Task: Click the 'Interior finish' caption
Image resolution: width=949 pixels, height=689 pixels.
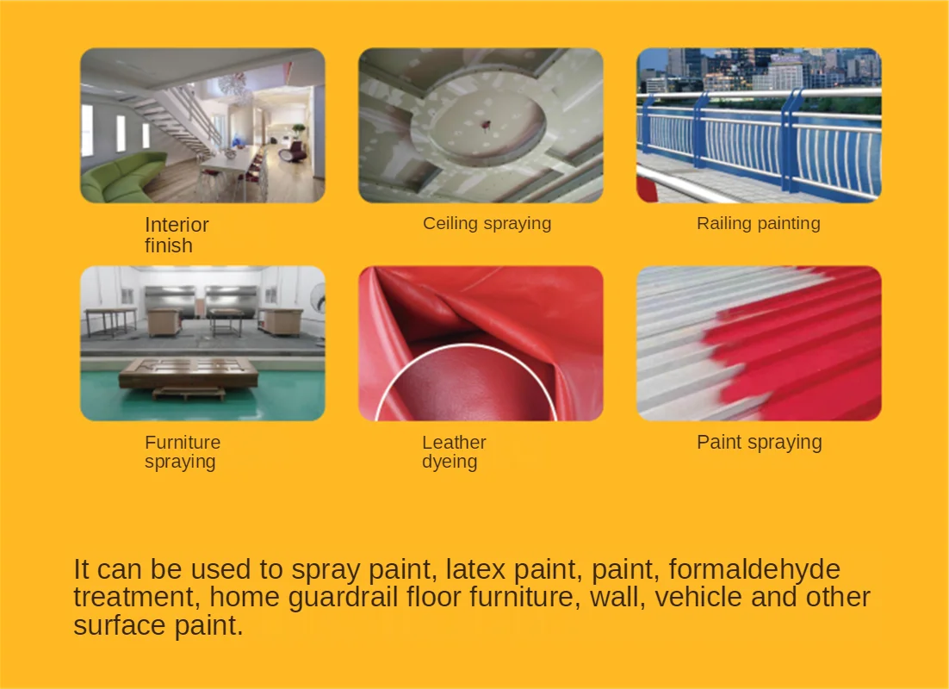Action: (177, 235)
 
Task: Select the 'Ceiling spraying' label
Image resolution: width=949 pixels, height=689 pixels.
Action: (487, 223)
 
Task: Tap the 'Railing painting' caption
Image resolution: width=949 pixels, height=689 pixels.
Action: (759, 223)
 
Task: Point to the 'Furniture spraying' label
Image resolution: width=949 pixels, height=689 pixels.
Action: (183, 451)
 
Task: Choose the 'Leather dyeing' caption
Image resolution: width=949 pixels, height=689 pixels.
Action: (454, 451)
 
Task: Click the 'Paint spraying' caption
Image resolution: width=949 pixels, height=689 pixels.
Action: (759, 442)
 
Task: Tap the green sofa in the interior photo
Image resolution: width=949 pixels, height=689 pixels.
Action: (121, 177)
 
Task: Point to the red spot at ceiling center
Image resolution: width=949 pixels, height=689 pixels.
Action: (486, 126)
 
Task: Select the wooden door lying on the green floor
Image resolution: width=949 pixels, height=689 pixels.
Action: (189, 374)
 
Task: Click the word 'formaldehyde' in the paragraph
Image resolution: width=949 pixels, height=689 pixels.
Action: (754, 569)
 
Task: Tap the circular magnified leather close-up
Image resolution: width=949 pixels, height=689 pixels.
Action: (466, 388)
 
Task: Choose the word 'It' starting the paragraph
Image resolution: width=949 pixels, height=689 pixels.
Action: (81, 569)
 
